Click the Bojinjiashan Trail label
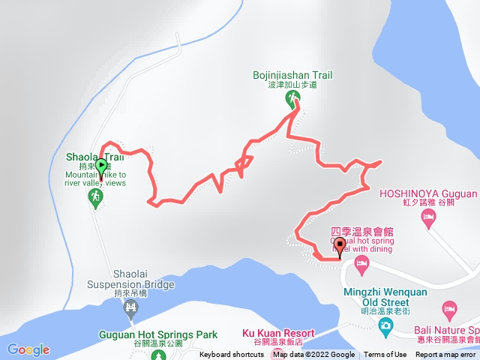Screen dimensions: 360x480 click(300, 75)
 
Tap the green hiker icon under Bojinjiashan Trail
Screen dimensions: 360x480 click(291, 98)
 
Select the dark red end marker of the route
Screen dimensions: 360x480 click(340, 244)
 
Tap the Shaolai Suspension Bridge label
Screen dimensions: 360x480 click(131, 279)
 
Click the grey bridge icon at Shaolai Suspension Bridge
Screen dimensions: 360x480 click(132, 306)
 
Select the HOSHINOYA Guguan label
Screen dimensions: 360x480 click(428, 193)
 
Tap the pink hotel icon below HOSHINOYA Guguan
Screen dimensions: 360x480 click(428, 217)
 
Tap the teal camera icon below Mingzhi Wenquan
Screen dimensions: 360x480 click(385, 325)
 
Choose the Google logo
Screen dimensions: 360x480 click(28, 349)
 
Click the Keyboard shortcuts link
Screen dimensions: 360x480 click(231, 355)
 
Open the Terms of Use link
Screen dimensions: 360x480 click(385, 355)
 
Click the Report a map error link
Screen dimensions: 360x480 click(446, 355)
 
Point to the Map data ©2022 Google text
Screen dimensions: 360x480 click(313, 355)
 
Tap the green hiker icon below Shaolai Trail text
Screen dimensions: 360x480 click(95, 197)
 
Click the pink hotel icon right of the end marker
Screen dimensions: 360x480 click(361, 262)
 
